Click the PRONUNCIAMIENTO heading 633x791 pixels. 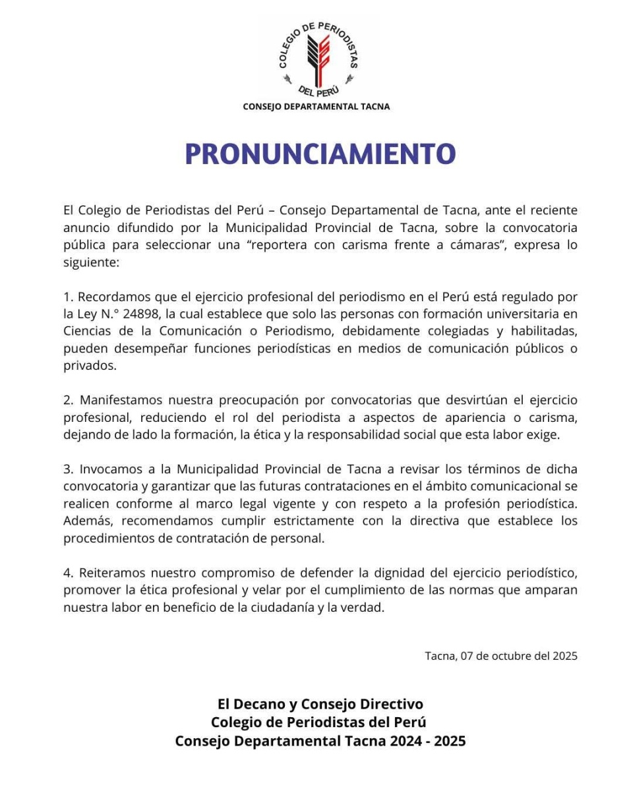(x=320, y=154)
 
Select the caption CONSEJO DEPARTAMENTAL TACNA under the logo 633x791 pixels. (x=316, y=107)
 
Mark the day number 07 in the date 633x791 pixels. (x=467, y=656)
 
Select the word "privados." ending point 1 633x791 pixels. (x=90, y=366)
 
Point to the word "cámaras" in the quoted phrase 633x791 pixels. (x=466, y=246)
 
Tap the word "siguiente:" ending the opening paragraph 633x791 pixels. (x=91, y=263)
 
